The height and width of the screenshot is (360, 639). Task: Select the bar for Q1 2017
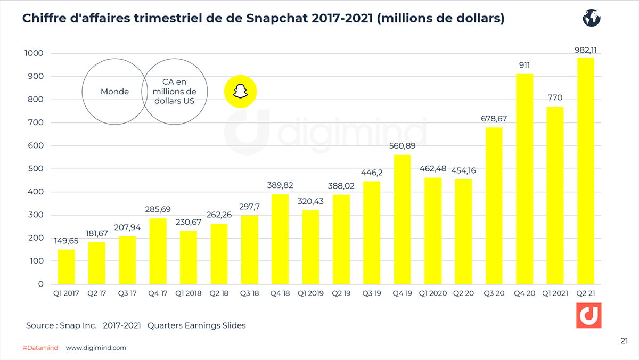[67, 266]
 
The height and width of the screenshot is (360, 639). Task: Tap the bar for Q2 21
[586, 170]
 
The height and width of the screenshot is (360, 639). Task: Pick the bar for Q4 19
[402, 219]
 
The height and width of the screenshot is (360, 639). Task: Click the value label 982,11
[586, 50]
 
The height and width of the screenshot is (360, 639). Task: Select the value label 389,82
[280, 186]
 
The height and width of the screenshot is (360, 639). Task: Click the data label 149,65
[67, 241]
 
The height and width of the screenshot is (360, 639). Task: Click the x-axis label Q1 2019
[310, 293]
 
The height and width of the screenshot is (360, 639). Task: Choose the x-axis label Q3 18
[249, 293]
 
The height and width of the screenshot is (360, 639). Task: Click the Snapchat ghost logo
[240, 91]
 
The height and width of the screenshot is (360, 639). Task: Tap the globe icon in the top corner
[591, 18]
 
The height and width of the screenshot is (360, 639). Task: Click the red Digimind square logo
[589, 316]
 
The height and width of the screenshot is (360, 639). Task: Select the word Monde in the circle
[114, 92]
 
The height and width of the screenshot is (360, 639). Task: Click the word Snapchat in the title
[275, 19]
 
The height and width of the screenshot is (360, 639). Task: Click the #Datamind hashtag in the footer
[40, 348]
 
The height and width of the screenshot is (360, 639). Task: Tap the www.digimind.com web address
[96, 348]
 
